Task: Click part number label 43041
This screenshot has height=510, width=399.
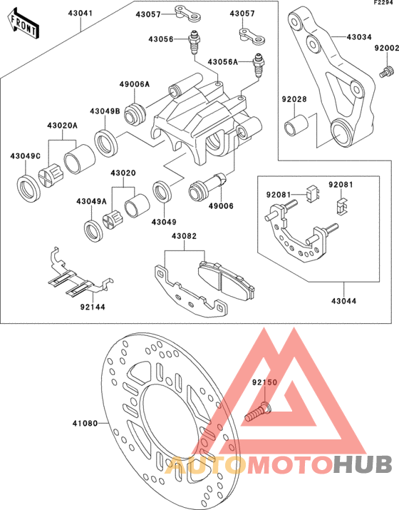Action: pos(81,14)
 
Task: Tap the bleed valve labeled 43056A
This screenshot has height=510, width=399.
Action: pos(259,65)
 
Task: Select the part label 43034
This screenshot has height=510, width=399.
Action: pos(359,37)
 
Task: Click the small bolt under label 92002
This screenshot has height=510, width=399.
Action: pos(386,71)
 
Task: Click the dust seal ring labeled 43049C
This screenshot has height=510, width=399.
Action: pos(28,188)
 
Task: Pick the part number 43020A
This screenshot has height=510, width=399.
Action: pos(63,126)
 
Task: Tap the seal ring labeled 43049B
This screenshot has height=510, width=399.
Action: pos(105,142)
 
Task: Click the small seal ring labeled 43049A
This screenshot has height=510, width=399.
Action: pos(93,231)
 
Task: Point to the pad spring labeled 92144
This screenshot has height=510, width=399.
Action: pos(79,272)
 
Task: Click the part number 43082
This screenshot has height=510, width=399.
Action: pos(185,236)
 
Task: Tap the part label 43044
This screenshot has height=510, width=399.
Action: pos(343,301)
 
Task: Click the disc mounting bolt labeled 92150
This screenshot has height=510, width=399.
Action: pos(258,412)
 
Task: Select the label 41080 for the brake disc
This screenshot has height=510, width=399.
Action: pos(85,423)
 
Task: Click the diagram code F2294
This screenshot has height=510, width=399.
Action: pos(386,3)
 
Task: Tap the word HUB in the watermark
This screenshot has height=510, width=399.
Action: pos(363,464)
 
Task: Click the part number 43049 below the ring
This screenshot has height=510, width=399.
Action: pos(164,222)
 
